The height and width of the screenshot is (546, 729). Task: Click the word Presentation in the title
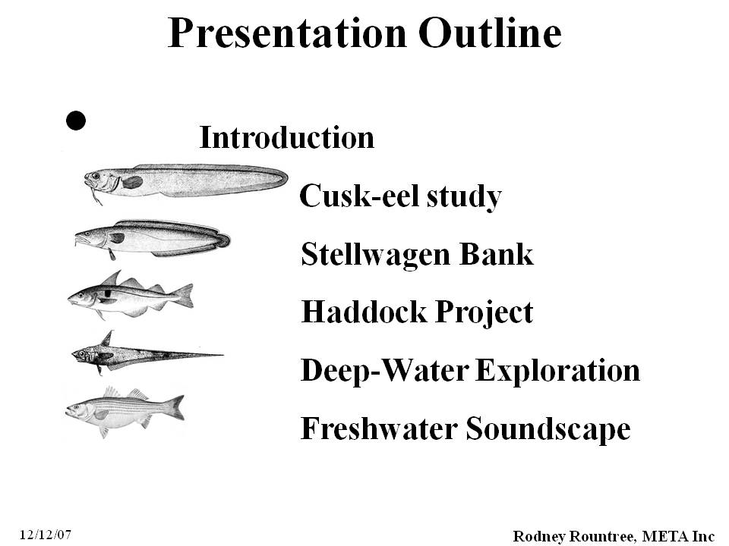(287, 33)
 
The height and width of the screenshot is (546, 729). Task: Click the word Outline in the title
(490, 33)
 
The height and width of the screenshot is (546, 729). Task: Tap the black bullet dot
(76, 121)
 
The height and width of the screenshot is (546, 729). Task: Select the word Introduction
(286, 137)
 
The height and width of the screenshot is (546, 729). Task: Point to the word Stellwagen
(376, 254)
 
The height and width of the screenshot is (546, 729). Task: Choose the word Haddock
(364, 312)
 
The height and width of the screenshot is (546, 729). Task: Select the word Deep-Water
(385, 371)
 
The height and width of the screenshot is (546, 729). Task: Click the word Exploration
(558, 371)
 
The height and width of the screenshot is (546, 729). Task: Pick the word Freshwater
(380, 428)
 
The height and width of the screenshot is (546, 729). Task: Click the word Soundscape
(548, 428)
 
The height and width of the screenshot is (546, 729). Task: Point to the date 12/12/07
(46, 535)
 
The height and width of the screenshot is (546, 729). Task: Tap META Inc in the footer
(678, 536)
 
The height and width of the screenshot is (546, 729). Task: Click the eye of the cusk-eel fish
(96, 176)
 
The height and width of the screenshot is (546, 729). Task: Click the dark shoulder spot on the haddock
(108, 293)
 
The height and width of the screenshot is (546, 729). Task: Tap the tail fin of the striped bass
(175, 407)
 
